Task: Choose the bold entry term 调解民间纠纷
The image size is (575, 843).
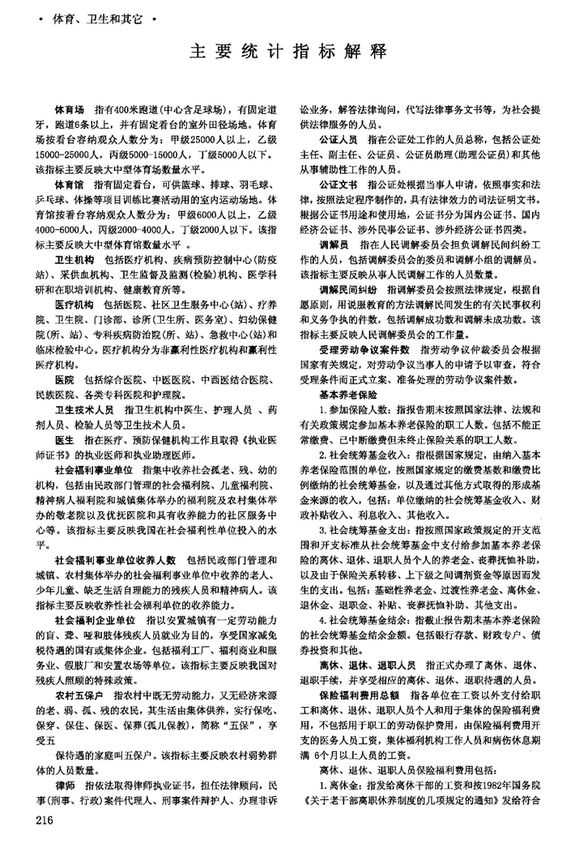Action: click(x=346, y=289)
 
